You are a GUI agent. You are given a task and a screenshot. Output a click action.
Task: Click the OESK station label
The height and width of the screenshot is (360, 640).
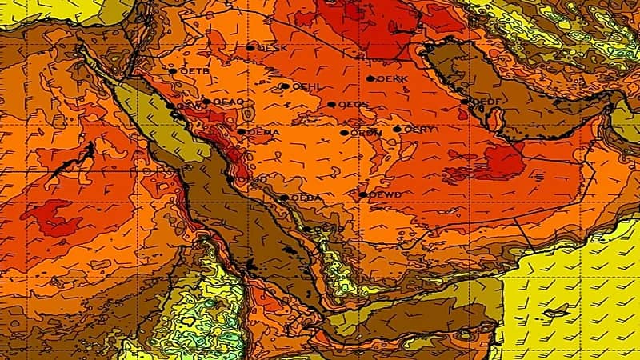point(274,48)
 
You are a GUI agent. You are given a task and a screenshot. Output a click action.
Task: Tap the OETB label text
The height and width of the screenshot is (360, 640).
point(194,71)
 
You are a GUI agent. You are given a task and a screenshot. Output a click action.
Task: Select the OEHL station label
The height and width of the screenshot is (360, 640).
point(306,86)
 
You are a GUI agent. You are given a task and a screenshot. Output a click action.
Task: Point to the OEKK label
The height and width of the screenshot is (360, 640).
point(392,79)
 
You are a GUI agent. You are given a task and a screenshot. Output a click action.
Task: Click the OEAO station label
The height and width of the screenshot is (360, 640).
point(228,102)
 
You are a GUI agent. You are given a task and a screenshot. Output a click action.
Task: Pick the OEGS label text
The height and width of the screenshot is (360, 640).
point(353,105)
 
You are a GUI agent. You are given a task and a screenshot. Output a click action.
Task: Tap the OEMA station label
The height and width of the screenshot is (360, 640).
point(262,132)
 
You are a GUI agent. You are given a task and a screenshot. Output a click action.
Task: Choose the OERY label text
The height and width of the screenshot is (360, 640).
point(418,129)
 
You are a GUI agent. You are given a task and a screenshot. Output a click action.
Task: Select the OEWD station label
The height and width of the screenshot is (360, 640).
point(385,194)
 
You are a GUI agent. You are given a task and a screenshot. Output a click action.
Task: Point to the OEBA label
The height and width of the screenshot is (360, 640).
point(306,198)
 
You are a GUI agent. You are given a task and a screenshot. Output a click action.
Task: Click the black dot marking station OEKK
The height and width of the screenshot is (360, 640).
point(370,78)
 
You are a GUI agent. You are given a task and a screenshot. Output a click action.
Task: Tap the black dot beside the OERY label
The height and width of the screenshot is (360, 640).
point(397,129)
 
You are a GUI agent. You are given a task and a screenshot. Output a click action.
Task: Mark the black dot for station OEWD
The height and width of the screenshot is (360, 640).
point(362,194)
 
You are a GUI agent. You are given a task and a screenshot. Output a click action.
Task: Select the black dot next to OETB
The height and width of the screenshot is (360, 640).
point(172,71)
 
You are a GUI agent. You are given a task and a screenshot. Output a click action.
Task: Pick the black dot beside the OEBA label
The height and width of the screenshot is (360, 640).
point(284,198)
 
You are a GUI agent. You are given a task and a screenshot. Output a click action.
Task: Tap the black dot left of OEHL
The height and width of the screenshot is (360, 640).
point(285,86)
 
